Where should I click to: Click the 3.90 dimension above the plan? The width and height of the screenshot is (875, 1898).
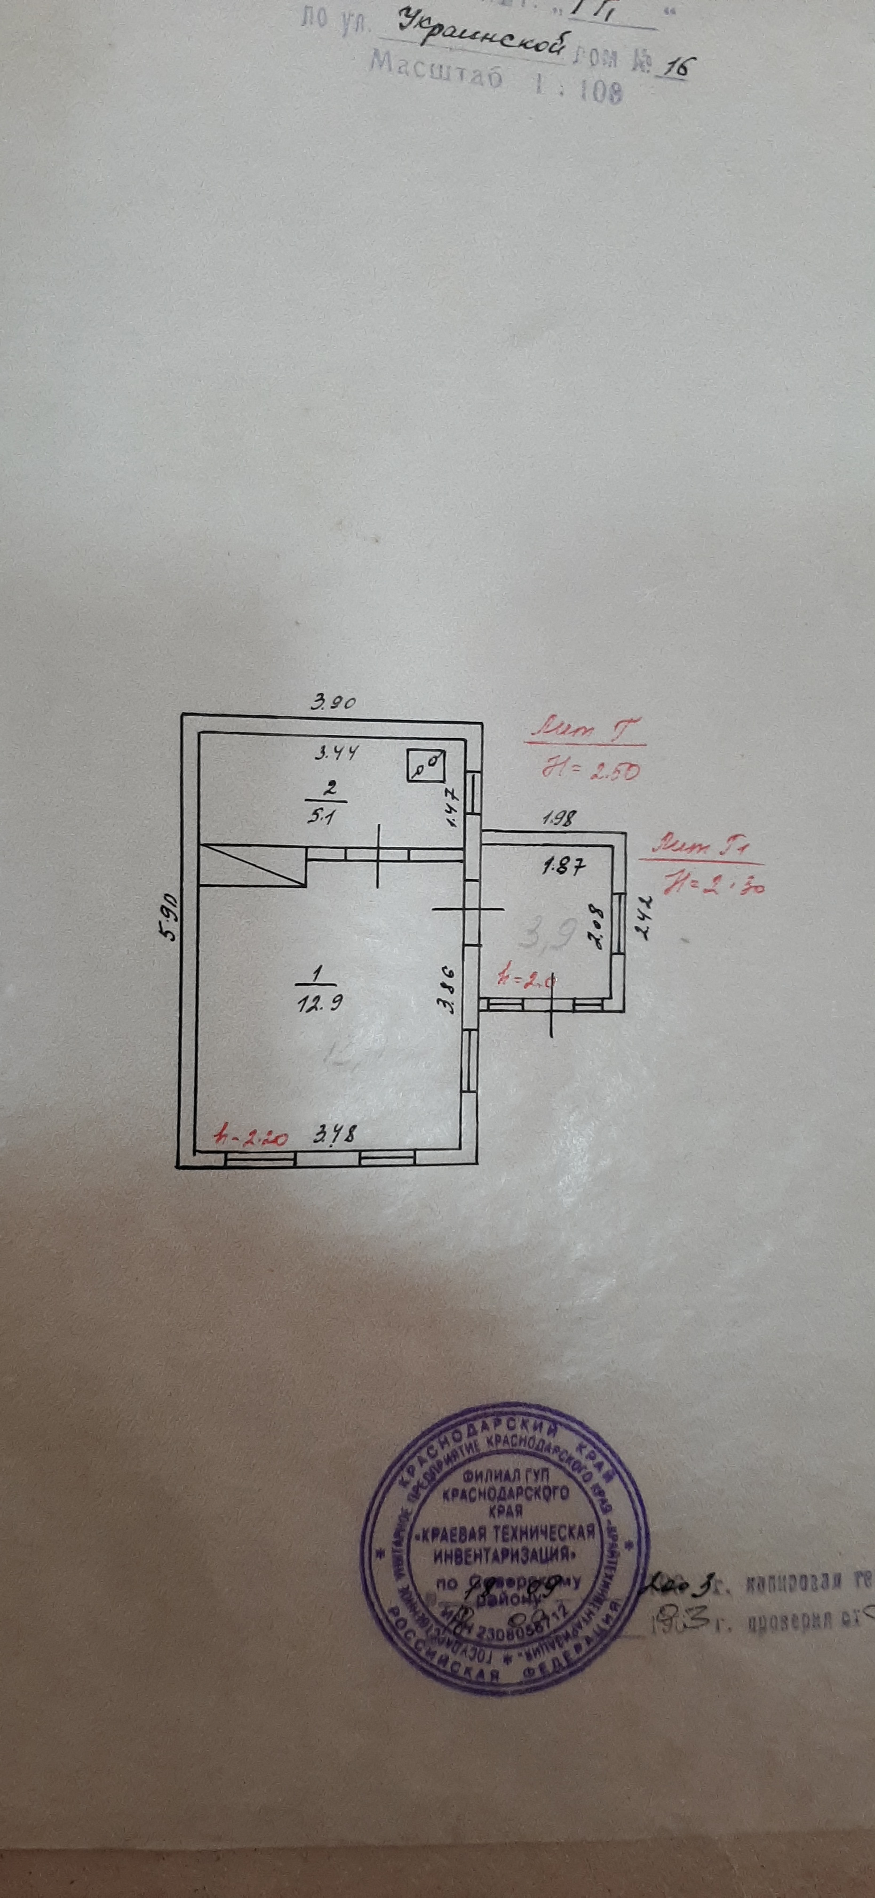[333, 702]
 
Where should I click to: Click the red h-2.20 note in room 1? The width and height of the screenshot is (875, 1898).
[250, 1135]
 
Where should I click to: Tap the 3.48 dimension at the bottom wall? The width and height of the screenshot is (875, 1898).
[334, 1135]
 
